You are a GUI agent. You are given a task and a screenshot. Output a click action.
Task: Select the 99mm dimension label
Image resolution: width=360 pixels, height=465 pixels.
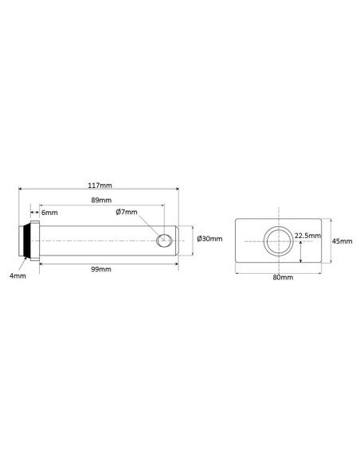click(101, 269)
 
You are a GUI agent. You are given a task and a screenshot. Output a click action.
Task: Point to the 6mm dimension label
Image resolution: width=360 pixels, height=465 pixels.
click(49, 213)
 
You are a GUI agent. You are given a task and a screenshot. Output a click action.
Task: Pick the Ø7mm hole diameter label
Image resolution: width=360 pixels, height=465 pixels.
click(127, 213)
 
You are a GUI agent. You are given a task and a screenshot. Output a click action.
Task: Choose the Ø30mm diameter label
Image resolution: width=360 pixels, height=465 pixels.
click(209, 239)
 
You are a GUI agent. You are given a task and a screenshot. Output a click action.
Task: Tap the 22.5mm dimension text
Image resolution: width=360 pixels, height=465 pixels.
click(307, 236)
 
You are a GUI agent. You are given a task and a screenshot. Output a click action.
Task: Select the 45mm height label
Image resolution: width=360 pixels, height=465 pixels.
click(341, 240)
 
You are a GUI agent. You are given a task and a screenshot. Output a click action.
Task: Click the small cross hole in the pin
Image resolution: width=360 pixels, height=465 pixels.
click(166, 240)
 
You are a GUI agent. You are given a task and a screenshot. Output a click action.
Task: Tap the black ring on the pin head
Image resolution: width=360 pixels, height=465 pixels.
click(29, 240)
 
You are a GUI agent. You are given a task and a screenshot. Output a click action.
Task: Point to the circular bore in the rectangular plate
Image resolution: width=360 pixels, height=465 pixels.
click(278, 240)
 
